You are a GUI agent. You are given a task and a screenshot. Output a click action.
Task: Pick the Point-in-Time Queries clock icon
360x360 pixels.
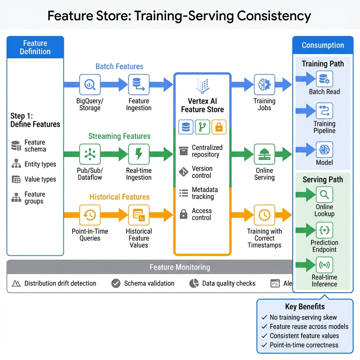[x=90, y=215]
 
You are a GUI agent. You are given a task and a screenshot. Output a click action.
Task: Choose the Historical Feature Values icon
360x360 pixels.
[x=139, y=215]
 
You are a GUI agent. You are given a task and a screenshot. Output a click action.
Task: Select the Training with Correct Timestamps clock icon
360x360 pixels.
[x=264, y=215]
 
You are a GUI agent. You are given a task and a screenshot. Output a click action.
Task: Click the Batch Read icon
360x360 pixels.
[x=324, y=79]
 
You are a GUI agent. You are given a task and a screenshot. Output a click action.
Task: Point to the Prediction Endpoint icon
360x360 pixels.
[x=324, y=231]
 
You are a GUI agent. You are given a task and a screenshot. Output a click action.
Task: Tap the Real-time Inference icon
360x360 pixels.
[x=324, y=265]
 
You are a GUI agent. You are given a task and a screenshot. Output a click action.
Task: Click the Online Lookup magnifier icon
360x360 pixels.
[x=324, y=195]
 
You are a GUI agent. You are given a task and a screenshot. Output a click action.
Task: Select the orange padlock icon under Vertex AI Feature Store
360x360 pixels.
[x=219, y=127]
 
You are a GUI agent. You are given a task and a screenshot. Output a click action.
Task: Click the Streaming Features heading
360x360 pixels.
[x=119, y=136]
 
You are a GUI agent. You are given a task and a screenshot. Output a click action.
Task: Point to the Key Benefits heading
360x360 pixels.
[x=305, y=307]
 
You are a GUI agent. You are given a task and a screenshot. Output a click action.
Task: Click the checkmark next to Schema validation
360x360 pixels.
[x=116, y=283]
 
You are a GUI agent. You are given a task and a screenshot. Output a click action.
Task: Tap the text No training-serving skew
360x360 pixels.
[x=303, y=317]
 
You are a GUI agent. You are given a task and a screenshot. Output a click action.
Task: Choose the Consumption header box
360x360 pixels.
[x=323, y=45]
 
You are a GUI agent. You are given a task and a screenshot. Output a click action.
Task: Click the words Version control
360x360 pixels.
[x=202, y=172]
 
